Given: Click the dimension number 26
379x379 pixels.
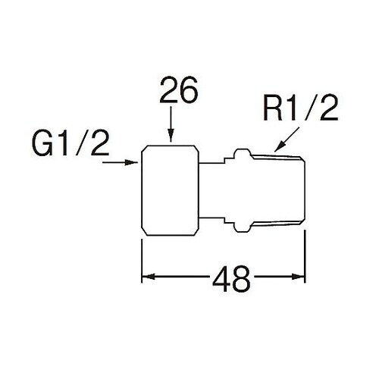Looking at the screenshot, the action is (178, 90).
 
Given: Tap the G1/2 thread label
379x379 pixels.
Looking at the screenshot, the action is (70, 143).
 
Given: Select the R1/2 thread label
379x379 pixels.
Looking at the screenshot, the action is (300, 108).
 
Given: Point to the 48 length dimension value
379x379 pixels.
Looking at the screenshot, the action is (231, 279).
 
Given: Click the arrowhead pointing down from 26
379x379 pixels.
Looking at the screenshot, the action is (171, 136).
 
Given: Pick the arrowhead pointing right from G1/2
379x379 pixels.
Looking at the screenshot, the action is (131, 163).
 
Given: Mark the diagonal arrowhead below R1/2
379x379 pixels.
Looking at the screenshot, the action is (280, 147).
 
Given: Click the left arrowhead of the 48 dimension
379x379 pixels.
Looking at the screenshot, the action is (148, 277).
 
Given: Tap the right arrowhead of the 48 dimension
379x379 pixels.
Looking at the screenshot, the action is (299, 277).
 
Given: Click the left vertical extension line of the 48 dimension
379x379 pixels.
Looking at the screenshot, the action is (142, 261).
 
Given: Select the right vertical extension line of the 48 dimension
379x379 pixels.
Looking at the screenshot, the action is (305, 256).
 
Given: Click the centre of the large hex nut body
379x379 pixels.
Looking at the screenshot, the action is (170, 190).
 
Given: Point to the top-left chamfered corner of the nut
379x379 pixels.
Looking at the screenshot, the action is (144, 149).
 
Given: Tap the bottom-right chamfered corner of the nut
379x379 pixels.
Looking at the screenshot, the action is (196, 233).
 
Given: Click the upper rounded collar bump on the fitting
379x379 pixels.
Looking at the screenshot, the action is (242, 153).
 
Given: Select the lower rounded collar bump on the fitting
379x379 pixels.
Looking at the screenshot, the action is (242, 227).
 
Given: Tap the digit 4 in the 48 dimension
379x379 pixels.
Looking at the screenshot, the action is (221, 279).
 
